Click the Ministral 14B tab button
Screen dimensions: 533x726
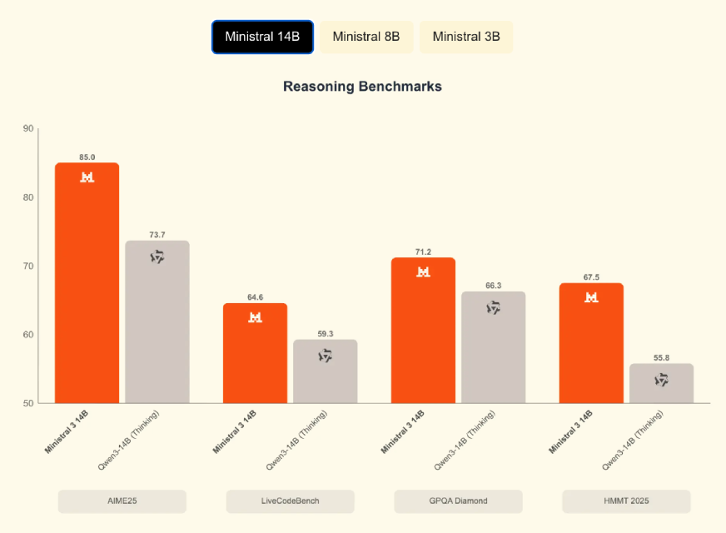pyautogui.click(x=262, y=37)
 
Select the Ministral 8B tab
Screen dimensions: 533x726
pyautogui.click(x=366, y=37)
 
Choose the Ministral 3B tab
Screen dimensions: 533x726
pyautogui.click(x=466, y=37)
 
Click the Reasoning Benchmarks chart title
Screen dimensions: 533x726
pyautogui.click(x=362, y=87)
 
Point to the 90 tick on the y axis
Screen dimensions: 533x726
pyautogui.click(x=28, y=129)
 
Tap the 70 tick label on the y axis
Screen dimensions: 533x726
pyautogui.click(x=28, y=266)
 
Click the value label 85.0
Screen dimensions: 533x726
pyautogui.click(x=87, y=157)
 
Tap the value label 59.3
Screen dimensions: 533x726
pyautogui.click(x=326, y=334)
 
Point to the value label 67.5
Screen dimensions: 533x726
pyautogui.click(x=591, y=277)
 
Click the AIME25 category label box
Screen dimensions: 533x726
pyautogui.click(x=122, y=501)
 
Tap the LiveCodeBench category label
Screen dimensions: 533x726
pyautogui.click(x=291, y=501)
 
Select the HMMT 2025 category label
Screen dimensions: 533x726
pyautogui.click(x=626, y=501)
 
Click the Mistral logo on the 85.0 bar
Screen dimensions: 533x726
pyautogui.click(x=87, y=177)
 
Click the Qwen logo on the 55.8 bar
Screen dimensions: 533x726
pyautogui.click(x=662, y=380)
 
